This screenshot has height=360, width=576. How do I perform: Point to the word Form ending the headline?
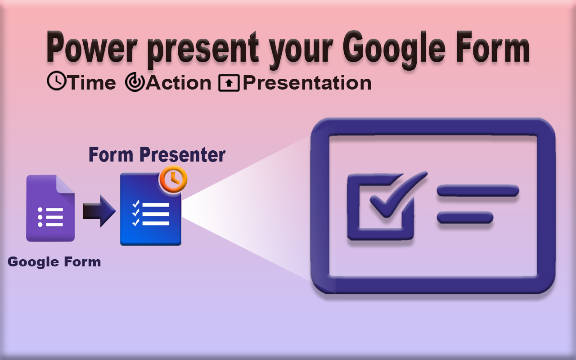(x=491, y=49)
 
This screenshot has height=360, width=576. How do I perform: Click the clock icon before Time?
(x=56, y=82)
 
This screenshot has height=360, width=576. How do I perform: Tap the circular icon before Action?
(x=135, y=83)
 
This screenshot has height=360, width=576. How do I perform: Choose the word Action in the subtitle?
(x=179, y=83)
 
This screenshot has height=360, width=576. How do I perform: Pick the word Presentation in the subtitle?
(x=307, y=83)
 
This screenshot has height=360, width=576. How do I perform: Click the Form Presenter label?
(x=157, y=154)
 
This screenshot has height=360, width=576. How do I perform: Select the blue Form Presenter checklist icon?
(x=150, y=211)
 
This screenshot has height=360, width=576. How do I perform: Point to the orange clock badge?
(x=173, y=179)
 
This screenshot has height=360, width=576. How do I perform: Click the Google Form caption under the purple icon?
(x=54, y=261)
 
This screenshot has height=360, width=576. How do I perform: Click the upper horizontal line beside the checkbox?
(x=478, y=191)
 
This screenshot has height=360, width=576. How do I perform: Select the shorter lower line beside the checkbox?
(x=465, y=218)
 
